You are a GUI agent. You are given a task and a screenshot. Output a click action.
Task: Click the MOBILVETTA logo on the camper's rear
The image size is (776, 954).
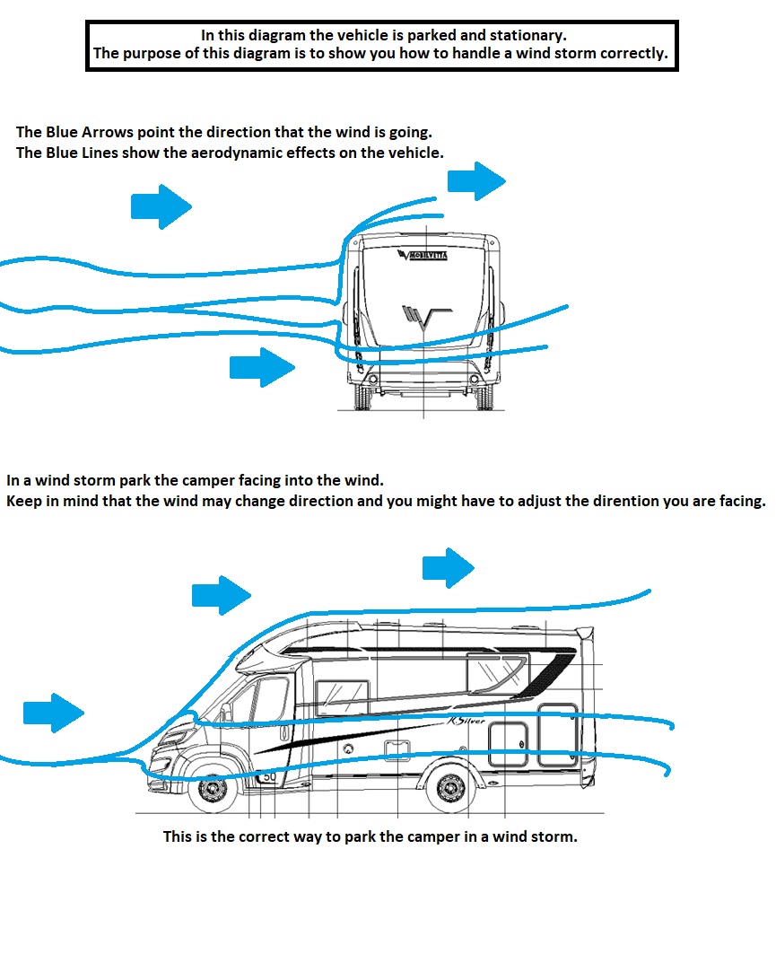coord(427,255)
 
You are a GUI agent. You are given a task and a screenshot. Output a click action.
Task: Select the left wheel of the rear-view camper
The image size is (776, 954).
coord(362,396)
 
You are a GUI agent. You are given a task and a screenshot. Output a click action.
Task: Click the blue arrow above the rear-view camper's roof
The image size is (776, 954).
coord(476,180)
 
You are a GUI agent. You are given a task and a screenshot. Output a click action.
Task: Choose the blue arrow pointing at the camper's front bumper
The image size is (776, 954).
coord(54,713)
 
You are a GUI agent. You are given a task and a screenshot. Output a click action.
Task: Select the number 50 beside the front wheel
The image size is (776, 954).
coord(268,776)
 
